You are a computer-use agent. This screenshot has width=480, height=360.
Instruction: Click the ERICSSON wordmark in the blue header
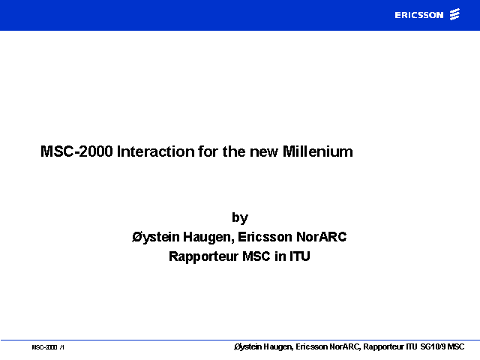coord(419,15)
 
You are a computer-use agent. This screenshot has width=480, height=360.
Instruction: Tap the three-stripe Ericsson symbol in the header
coord(454,14)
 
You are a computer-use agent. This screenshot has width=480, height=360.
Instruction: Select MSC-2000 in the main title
coord(76,151)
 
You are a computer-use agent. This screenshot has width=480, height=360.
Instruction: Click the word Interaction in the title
coord(155,151)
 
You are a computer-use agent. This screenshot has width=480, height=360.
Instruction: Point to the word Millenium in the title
coord(318,151)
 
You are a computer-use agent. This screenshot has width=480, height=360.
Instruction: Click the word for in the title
coord(208,151)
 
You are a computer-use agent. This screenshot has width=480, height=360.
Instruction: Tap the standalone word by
coord(240,218)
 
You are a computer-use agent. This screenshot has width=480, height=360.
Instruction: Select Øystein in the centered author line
coord(156,237)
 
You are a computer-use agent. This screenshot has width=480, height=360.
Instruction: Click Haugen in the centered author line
coord(208,237)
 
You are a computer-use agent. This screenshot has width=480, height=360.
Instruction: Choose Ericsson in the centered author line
coord(265,237)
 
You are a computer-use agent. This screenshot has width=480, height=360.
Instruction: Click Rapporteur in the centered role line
coord(203,256)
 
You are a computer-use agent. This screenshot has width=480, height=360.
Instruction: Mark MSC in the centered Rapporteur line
coord(256,256)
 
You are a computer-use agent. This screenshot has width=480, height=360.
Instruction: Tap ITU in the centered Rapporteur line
coord(300,256)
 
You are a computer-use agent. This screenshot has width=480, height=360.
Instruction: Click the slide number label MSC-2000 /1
coord(48,347)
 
